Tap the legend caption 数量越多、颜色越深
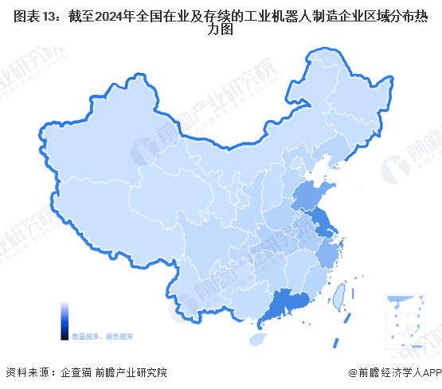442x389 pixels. (x=103, y=336)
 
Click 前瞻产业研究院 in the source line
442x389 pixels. (x=131, y=372)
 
